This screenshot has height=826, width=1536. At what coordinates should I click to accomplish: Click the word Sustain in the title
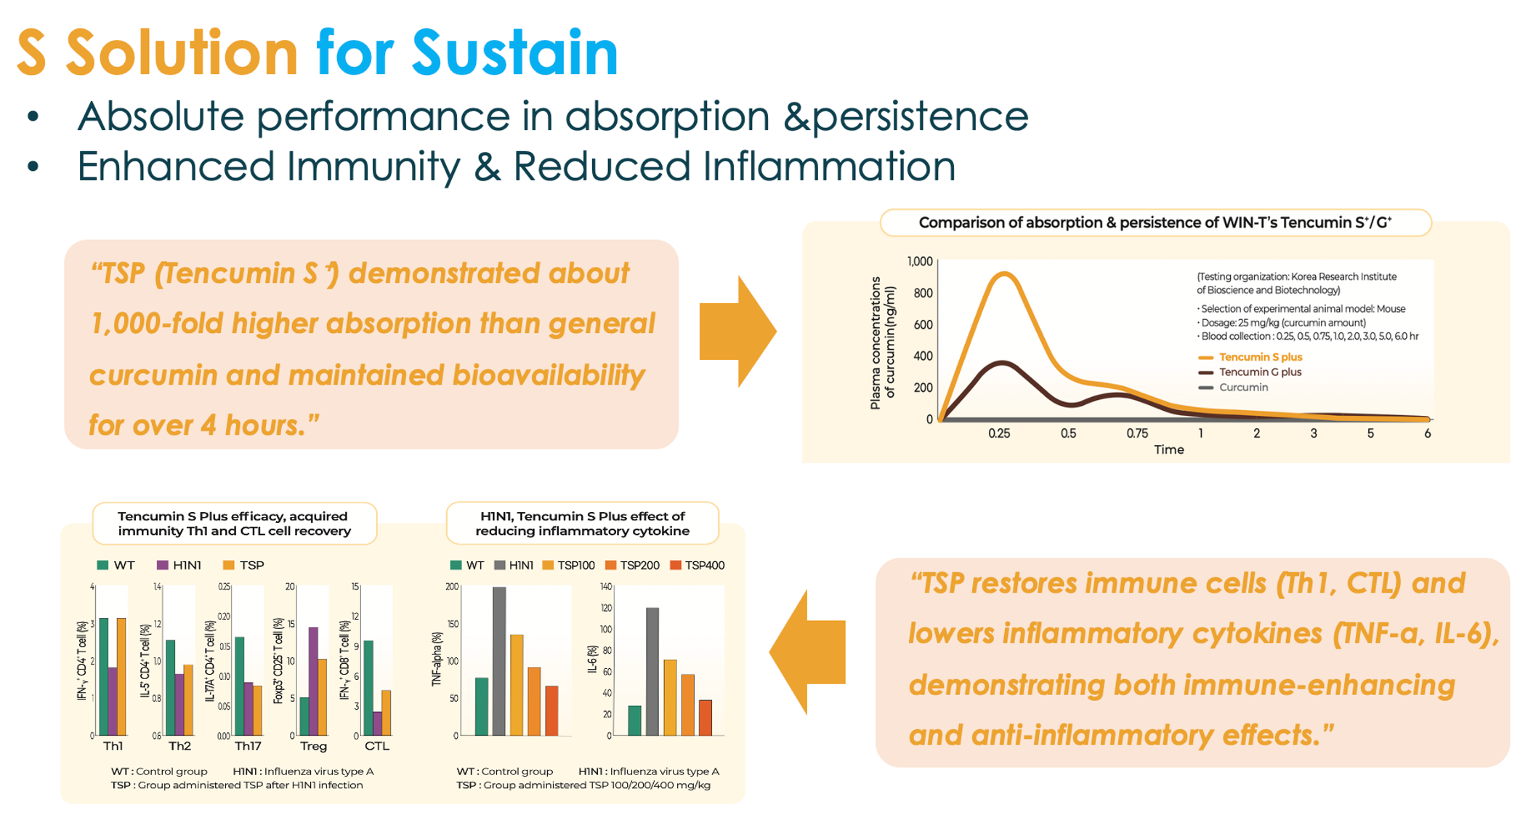click(514, 52)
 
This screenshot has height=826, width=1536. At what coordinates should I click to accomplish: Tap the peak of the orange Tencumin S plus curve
click(1003, 274)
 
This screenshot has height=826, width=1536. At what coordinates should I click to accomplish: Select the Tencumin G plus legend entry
click(1259, 372)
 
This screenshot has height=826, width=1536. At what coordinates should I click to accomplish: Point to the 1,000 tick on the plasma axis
click(919, 262)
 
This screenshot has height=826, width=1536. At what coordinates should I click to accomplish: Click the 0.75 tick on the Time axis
click(1137, 433)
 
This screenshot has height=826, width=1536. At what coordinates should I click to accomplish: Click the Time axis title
click(1168, 450)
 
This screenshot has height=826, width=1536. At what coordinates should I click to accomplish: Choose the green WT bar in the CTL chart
click(368, 687)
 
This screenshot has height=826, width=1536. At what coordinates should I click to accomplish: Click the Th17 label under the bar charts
click(248, 746)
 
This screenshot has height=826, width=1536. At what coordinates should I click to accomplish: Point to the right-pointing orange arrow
click(737, 332)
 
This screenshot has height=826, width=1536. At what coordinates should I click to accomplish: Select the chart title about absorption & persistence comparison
click(1155, 222)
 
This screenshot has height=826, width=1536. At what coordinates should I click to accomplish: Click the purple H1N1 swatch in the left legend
click(163, 566)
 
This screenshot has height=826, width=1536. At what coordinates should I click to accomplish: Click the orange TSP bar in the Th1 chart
click(121, 676)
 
